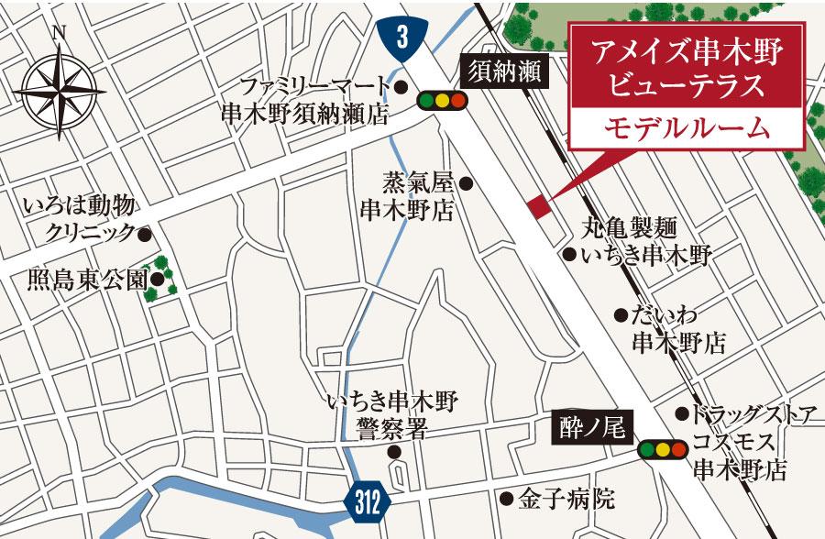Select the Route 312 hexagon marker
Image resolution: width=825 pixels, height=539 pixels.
coord(368,501)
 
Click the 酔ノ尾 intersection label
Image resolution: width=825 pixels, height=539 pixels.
coord(592,428)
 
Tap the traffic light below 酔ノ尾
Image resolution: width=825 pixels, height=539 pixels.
coord(661,449)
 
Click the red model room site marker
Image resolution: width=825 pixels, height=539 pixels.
coord(538,205)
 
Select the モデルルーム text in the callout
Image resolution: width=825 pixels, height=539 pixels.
coord(686,128)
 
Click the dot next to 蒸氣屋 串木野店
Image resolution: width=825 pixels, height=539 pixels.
coord(466,183)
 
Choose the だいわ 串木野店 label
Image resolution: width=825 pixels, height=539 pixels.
coord(678,329)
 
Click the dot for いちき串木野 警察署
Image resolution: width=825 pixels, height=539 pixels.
coord(394,452)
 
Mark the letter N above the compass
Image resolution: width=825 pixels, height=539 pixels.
coord(60,34)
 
